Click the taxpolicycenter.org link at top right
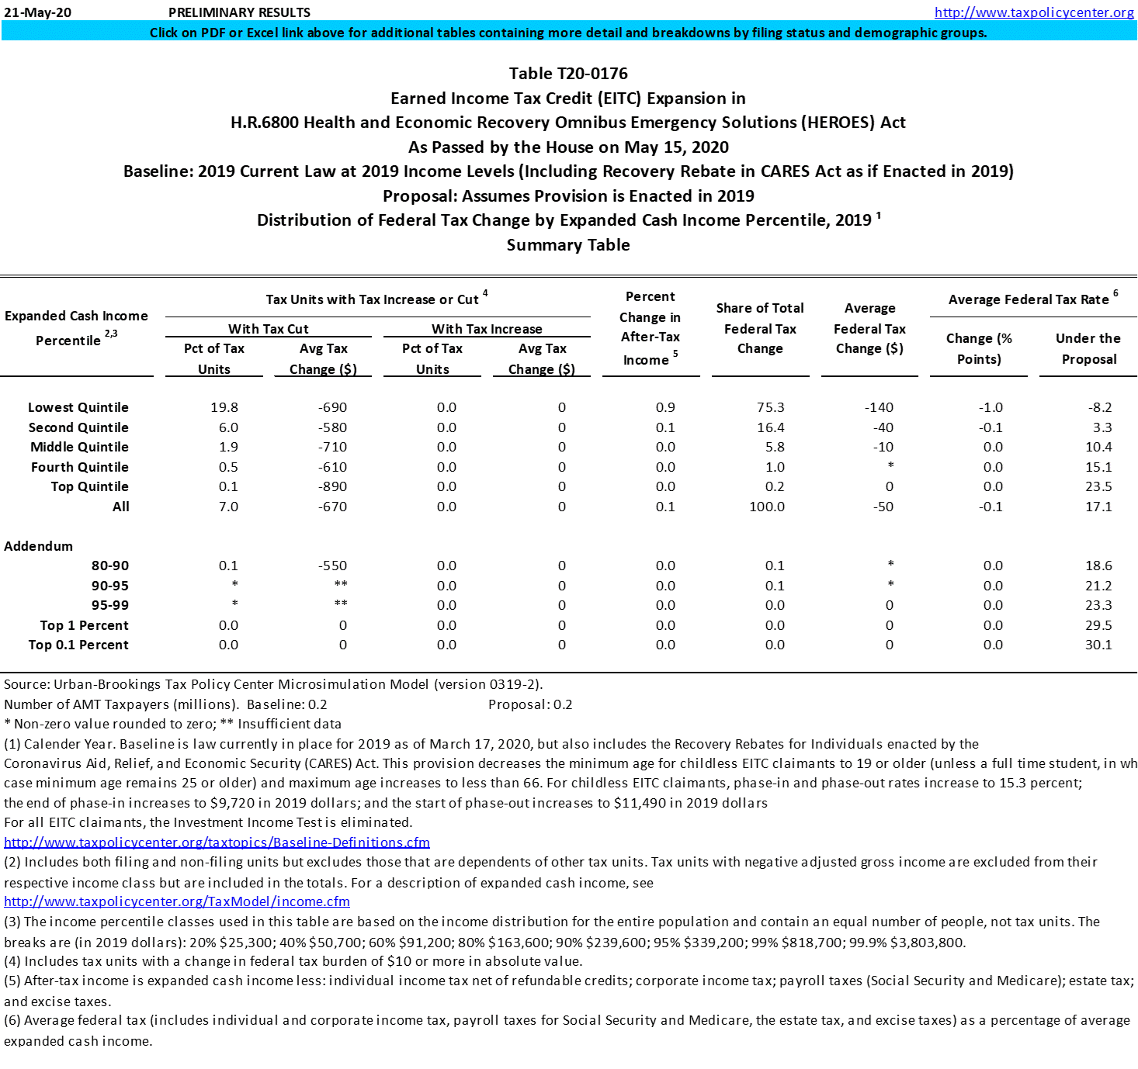pyautogui.click(x=1034, y=12)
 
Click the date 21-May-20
pyautogui.click(x=37, y=12)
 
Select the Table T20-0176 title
pyautogui.click(x=568, y=74)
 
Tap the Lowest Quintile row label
pyautogui.click(x=78, y=407)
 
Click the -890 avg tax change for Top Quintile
pyautogui.click(x=332, y=486)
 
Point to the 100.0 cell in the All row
pyautogui.click(x=766, y=507)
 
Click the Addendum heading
pyautogui.click(x=39, y=546)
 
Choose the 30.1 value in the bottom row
pyautogui.click(x=1098, y=645)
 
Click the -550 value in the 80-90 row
pyautogui.click(x=332, y=566)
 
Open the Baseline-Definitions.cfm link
pyautogui.click(x=217, y=842)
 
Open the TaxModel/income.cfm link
pyautogui.click(x=177, y=901)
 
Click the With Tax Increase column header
pyautogui.click(x=487, y=329)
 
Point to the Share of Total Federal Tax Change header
pyautogui.click(x=760, y=328)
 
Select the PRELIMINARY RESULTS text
pyautogui.click(x=239, y=12)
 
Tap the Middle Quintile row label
pyautogui.click(x=79, y=447)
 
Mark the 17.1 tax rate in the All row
pyautogui.click(x=1098, y=507)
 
